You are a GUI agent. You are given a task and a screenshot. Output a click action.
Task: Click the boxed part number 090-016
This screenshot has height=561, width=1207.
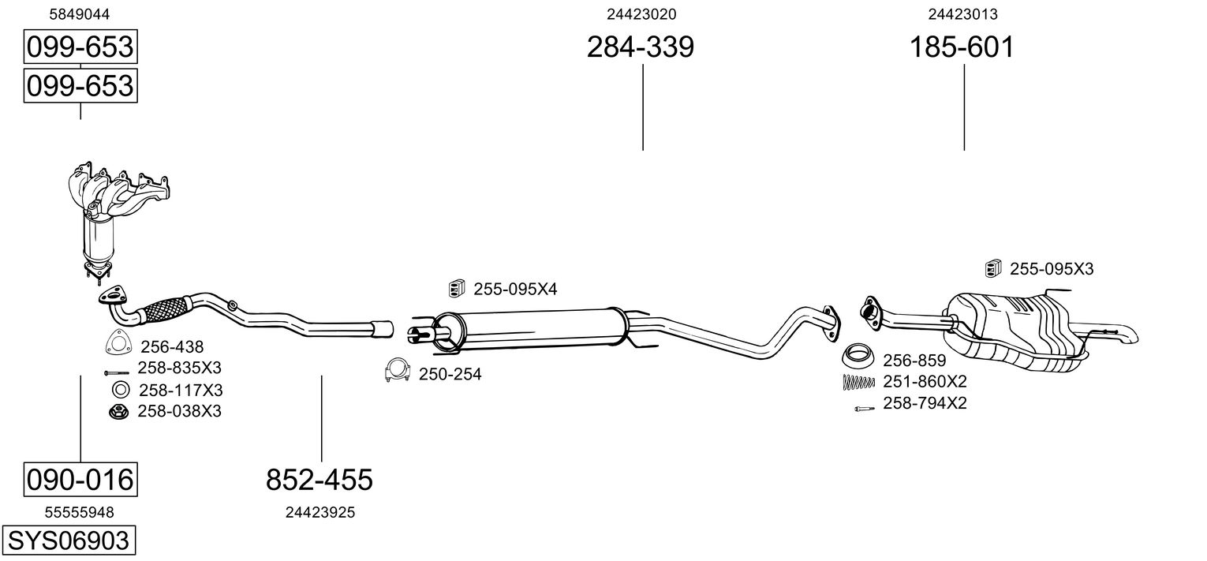tap(80, 479)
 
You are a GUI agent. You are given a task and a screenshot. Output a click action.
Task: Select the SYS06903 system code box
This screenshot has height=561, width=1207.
tap(67, 541)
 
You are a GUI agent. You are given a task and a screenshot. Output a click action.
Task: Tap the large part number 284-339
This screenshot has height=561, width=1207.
tap(640, 47)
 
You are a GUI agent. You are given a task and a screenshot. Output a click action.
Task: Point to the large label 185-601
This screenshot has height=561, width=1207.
tap(962, 47)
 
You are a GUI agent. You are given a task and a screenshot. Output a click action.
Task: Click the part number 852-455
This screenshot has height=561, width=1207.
tap(319, 479)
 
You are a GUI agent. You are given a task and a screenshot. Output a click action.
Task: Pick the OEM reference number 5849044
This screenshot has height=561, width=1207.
tap(79, 14)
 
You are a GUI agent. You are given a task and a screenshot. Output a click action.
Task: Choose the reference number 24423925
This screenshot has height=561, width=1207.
tap(319, 513)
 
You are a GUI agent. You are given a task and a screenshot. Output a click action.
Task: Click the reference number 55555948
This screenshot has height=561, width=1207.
tap(79, 513)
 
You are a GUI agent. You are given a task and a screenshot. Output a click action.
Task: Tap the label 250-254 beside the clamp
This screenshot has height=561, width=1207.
tap(450, 374)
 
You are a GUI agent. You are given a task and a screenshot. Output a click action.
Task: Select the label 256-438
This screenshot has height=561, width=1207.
tap(172, 346)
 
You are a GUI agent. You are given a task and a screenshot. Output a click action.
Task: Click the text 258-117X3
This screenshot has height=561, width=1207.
tap(181, 390)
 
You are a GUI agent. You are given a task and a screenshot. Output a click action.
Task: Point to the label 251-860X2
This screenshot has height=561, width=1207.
tap(925, 382)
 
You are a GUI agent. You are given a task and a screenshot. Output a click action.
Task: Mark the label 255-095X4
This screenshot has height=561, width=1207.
tap(515, 290)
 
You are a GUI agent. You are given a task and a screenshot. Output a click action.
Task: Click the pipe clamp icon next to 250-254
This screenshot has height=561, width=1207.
tap(398, 370)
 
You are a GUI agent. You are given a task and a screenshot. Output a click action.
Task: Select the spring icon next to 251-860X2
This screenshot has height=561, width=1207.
tap(858, 382)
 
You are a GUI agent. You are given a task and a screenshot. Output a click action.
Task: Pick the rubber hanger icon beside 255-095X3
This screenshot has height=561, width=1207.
tap(993, 269)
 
